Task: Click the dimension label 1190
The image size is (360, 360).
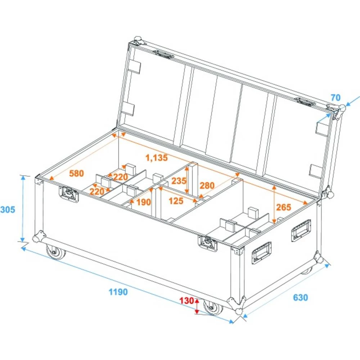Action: [x=118, y=292]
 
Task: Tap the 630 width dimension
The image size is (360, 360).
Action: [x=300, y=298]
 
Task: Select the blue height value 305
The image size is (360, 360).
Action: [x=8, y=209]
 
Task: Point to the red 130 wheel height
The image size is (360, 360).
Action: [x=188, y=301]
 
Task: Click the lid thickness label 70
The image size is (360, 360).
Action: [x=336, y=97]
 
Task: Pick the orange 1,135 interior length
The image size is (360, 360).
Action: [x=157, y=157]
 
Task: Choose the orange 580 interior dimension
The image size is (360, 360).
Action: [x=76, y=173]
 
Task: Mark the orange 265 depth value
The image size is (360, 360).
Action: [x=284, y=207]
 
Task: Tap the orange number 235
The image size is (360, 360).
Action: [x=179, y=181]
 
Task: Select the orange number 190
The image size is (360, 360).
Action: [x=144, y=202]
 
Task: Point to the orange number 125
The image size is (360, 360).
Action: [x=176, y=201]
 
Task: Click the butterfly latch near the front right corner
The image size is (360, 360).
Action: [x=208, y=243]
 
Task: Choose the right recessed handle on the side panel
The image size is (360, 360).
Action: [x=301, y=230]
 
